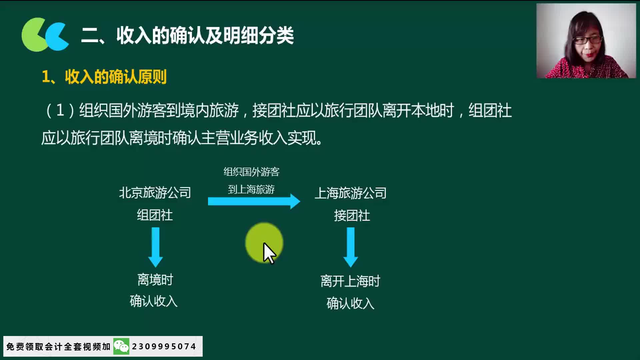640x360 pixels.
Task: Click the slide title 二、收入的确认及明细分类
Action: point(187,35)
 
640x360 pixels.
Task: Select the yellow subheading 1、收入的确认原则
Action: point(104,77)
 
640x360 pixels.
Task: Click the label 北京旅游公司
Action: point(155,193)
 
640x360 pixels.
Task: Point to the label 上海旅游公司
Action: point(350,193)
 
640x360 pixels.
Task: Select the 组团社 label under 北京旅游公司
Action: point(155,215)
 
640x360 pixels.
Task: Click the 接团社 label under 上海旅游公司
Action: point(352,216)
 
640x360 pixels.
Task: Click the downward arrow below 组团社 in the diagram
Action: point(155,247)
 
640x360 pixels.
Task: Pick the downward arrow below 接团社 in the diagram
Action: point(351,247)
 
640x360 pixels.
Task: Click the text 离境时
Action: point(155,280)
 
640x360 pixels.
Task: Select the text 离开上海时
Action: point(350,281)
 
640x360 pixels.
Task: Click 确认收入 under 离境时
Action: point(154,301)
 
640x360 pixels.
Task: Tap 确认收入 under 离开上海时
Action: point(350,303)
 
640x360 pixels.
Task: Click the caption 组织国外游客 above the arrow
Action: point(251,172)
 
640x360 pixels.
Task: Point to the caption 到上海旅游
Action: point(251,189)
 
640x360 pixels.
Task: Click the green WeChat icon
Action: point(121,346)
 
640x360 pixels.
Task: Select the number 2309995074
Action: point(164,347)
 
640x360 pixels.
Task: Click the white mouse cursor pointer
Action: point(269,253)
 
